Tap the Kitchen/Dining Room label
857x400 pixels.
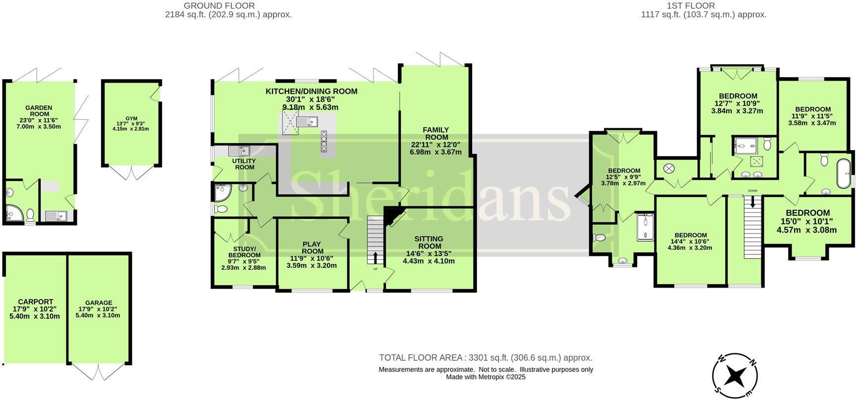[x=311, y=92]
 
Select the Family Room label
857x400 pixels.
[x=436, y=134]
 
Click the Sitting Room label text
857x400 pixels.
[x=429, y=243]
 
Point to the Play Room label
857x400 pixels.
[x=312, y=248]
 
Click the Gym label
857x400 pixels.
[x=131, y=118]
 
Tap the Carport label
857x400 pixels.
[x=35, y=301]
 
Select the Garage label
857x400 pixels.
[x=99, y=302]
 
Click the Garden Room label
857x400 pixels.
[x=39, y=111]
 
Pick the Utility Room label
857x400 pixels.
[x=244, y=164]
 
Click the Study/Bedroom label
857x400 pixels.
[x=244, y=252]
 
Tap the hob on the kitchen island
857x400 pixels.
[x=324, y=141]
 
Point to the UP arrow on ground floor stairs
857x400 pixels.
[x=375, y=258]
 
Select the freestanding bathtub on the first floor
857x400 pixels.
[x=844, y=173]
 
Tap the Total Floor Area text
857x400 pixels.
[x=485, y=357]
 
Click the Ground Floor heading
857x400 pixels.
[x=219, y=6]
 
